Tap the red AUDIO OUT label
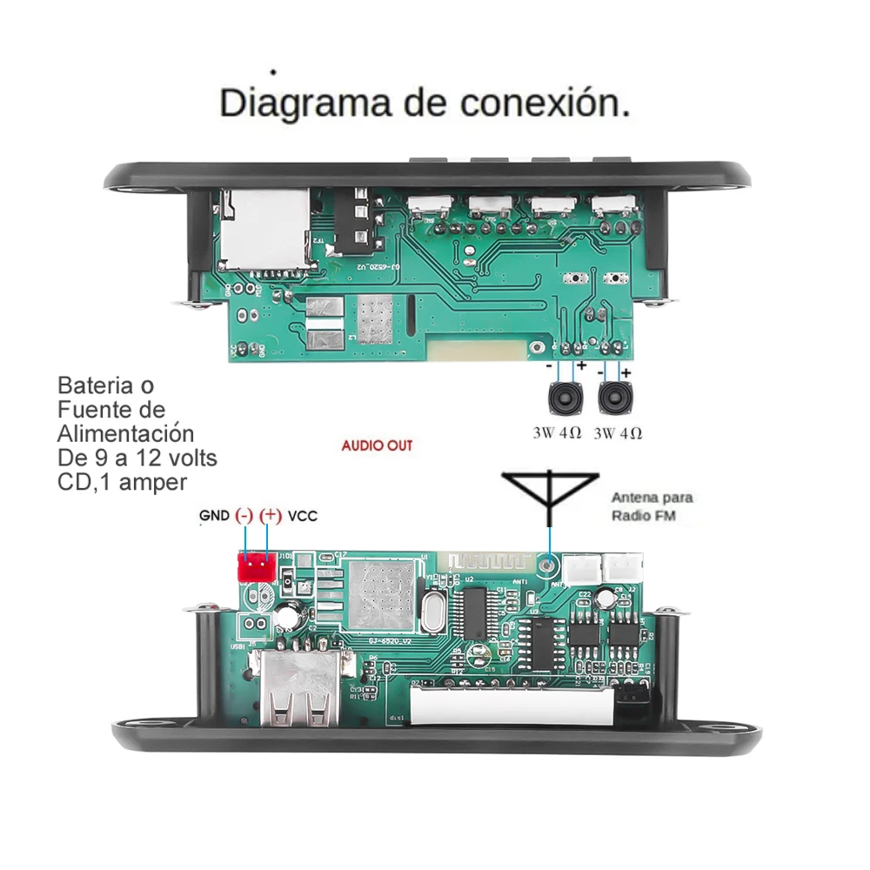point(376,445)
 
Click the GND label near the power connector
point(214,516)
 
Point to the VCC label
point(303,516)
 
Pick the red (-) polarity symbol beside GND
point(244,516)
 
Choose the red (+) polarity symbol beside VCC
point(271,516)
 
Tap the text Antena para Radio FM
point(652,507)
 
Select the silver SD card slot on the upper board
point(264,229)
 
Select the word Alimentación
point(125,433)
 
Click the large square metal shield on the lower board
point(378,593)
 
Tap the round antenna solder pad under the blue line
point(547,566)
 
